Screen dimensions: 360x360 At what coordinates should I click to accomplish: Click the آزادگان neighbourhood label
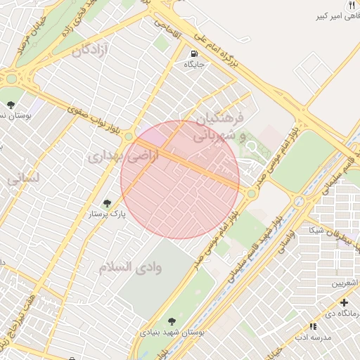pos(92,50)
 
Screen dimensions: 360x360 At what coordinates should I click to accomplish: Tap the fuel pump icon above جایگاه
pos(193,53)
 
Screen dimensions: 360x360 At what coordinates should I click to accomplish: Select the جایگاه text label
pos(193,65)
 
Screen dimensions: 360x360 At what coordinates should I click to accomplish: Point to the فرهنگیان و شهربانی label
pos(219,125)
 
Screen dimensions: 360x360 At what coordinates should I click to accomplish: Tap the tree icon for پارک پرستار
pos(107,203)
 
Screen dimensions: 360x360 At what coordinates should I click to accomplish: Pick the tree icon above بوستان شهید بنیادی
pos(173,321)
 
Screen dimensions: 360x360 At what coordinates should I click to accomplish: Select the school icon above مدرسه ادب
pos(314,327)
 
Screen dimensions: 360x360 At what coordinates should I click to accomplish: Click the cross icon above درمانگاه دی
pos(344,302)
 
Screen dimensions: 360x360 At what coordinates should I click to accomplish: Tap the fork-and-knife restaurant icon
pos(351,5)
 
